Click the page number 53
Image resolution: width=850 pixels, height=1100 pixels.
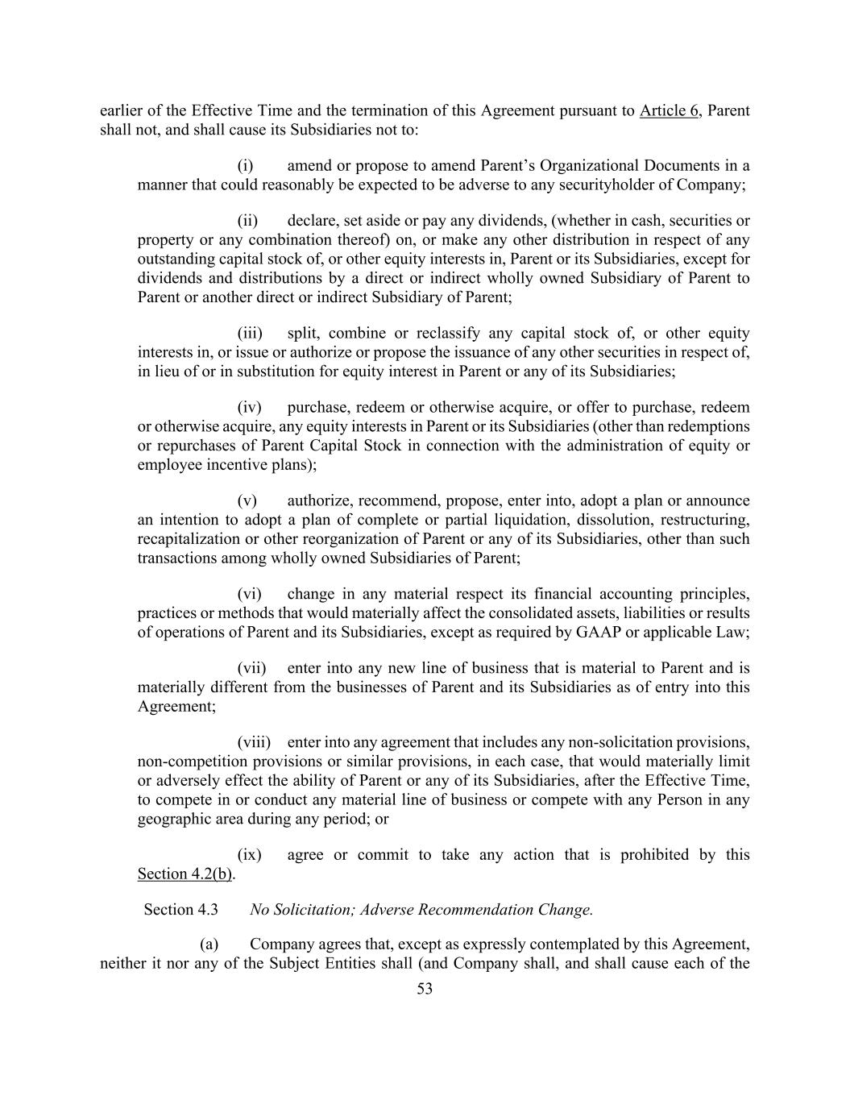[425, 990]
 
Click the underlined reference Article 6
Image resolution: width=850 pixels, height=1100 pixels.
[669, 110]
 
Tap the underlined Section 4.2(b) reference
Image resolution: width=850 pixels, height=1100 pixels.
[185, 874]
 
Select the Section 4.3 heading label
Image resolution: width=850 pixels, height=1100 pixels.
[180, 910]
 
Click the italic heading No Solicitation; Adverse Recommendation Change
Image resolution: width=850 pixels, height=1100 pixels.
[421, 910]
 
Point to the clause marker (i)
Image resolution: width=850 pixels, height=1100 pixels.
[246, 166]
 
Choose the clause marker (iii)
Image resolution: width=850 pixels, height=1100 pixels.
[250, 334]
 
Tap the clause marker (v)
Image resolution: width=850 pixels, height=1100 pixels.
[247, 501]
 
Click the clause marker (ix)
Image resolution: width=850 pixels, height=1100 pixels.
[249, 855]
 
